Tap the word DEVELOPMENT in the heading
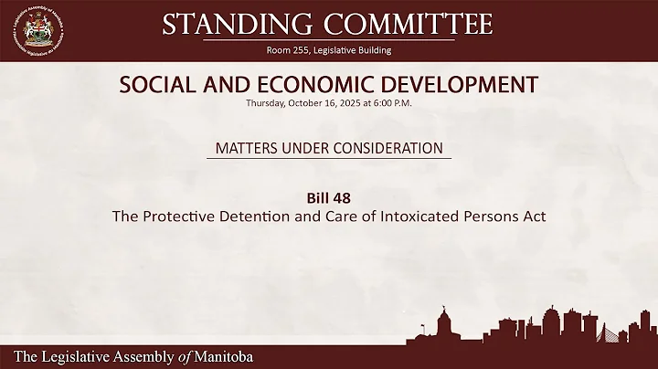462,86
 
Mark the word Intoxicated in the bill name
435,217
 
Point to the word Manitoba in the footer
217,356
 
